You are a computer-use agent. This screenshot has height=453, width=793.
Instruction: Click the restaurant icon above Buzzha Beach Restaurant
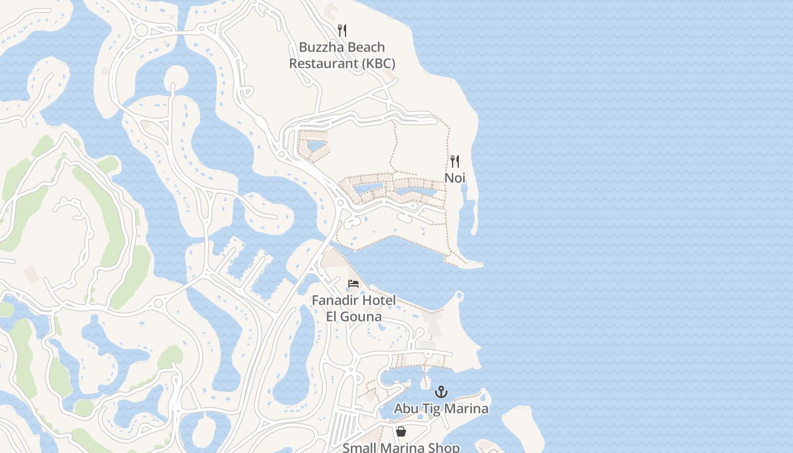click(342, 30)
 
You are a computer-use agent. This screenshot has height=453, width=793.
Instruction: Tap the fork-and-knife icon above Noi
click(455, 161)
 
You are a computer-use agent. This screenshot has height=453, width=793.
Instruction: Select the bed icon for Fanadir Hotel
click(353, 283)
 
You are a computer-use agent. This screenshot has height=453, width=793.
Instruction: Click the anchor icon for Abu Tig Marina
click(441, 391)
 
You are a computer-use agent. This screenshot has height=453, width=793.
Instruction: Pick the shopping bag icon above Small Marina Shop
click(401, 431)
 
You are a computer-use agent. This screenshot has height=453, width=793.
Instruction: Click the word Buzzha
click(319, 48)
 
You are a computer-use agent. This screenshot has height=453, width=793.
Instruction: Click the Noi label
click(455, 178)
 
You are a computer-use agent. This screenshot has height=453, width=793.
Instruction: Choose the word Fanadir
click(336, 300)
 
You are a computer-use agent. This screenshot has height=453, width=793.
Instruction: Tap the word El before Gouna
click(332, 316)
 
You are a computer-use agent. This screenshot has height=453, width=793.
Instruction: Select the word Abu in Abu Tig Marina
click(406, 408)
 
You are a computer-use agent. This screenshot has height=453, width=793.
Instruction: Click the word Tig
click(431, 408)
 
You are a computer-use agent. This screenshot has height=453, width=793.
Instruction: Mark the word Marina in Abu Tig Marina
click(466, 408)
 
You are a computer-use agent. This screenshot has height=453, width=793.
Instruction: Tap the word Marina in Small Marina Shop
click(402, 448)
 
